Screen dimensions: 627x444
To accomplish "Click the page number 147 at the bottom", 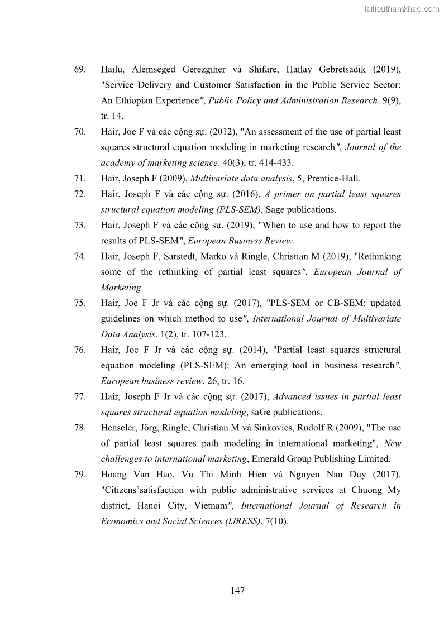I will tap(237, 591).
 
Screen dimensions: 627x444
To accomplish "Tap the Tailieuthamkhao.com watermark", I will tap(401, 8).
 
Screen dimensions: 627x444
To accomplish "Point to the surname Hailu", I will tap(113, 70).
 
